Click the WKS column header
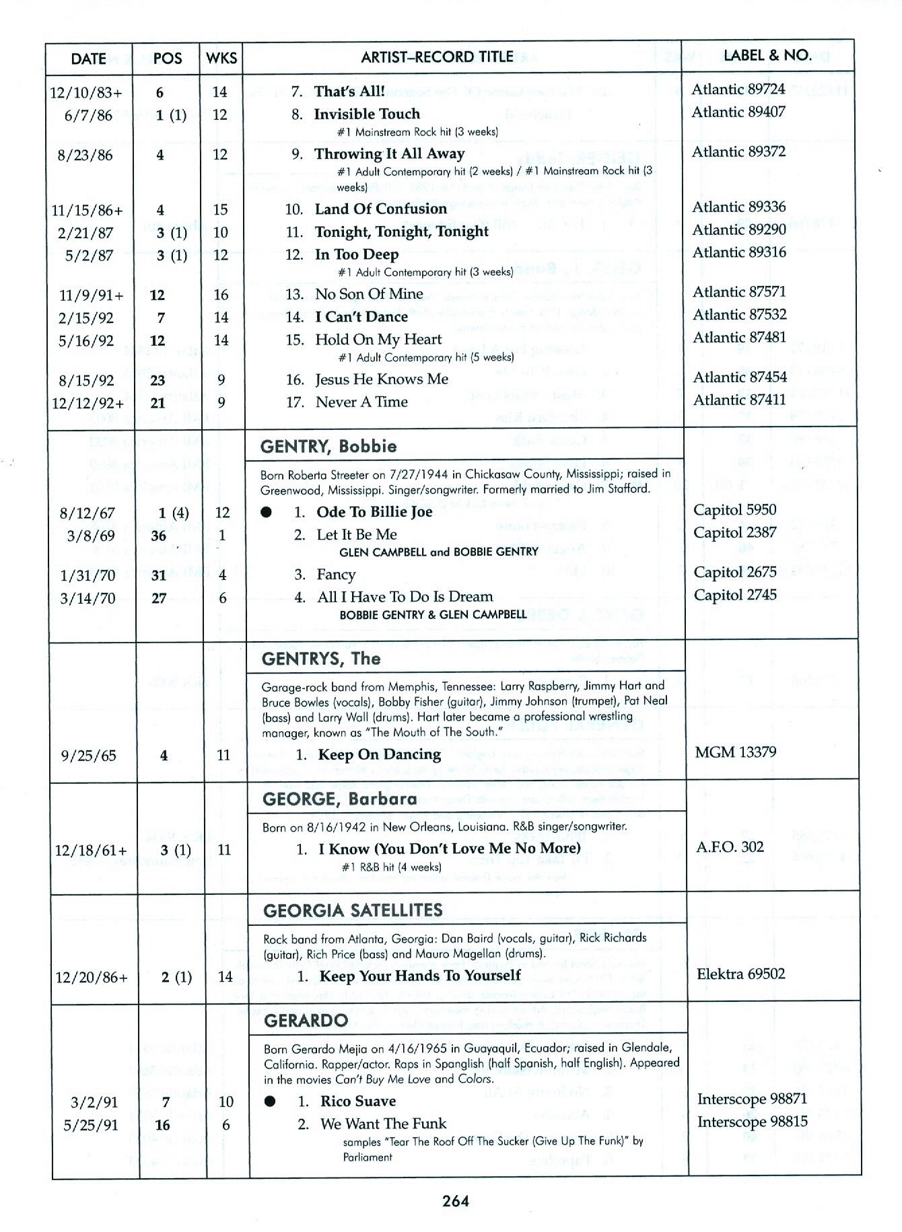(221, 58)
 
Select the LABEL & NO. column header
(767, 55)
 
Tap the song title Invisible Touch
(367, 114)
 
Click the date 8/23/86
(85, 155)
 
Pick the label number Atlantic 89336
(738, 207)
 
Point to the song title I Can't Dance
(361, 316)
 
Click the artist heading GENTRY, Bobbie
(328, 447)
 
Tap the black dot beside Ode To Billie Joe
(267, 513)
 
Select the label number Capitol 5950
(734, 510)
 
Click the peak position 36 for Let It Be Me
(158, 536)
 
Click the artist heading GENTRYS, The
(321, 659)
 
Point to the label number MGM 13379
(735, 752)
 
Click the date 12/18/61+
(90, 851)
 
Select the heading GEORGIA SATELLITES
(353, 911)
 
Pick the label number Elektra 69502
(740, 974)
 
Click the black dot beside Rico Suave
(270, 1101)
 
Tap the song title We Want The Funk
(383, 1124)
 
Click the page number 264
(456, 1201)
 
